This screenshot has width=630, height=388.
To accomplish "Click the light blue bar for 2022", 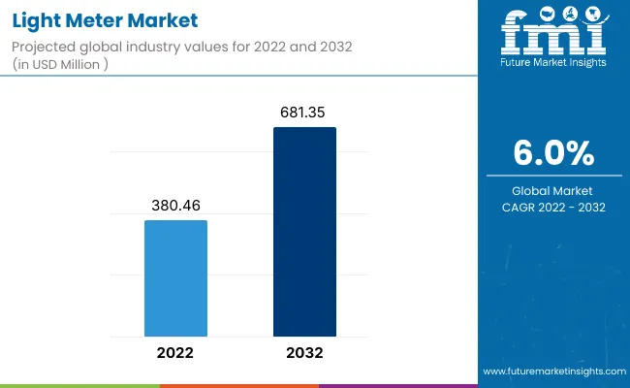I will coord(175,277).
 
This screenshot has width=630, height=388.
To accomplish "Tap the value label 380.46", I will coord(175,206).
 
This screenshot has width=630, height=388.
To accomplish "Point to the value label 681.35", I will coord(304,113).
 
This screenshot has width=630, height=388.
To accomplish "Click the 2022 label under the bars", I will coord(175,353).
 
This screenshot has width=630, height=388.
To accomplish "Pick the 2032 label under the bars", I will coord(304,353).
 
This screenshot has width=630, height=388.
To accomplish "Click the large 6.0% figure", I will coord(553,153).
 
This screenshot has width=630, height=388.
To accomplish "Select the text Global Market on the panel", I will coord(553,190).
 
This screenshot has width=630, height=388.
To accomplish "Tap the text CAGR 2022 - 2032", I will coord(553,208).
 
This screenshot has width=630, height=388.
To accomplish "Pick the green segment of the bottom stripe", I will coord(238,385).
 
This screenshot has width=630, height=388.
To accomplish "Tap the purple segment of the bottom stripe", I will coord(397,385).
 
